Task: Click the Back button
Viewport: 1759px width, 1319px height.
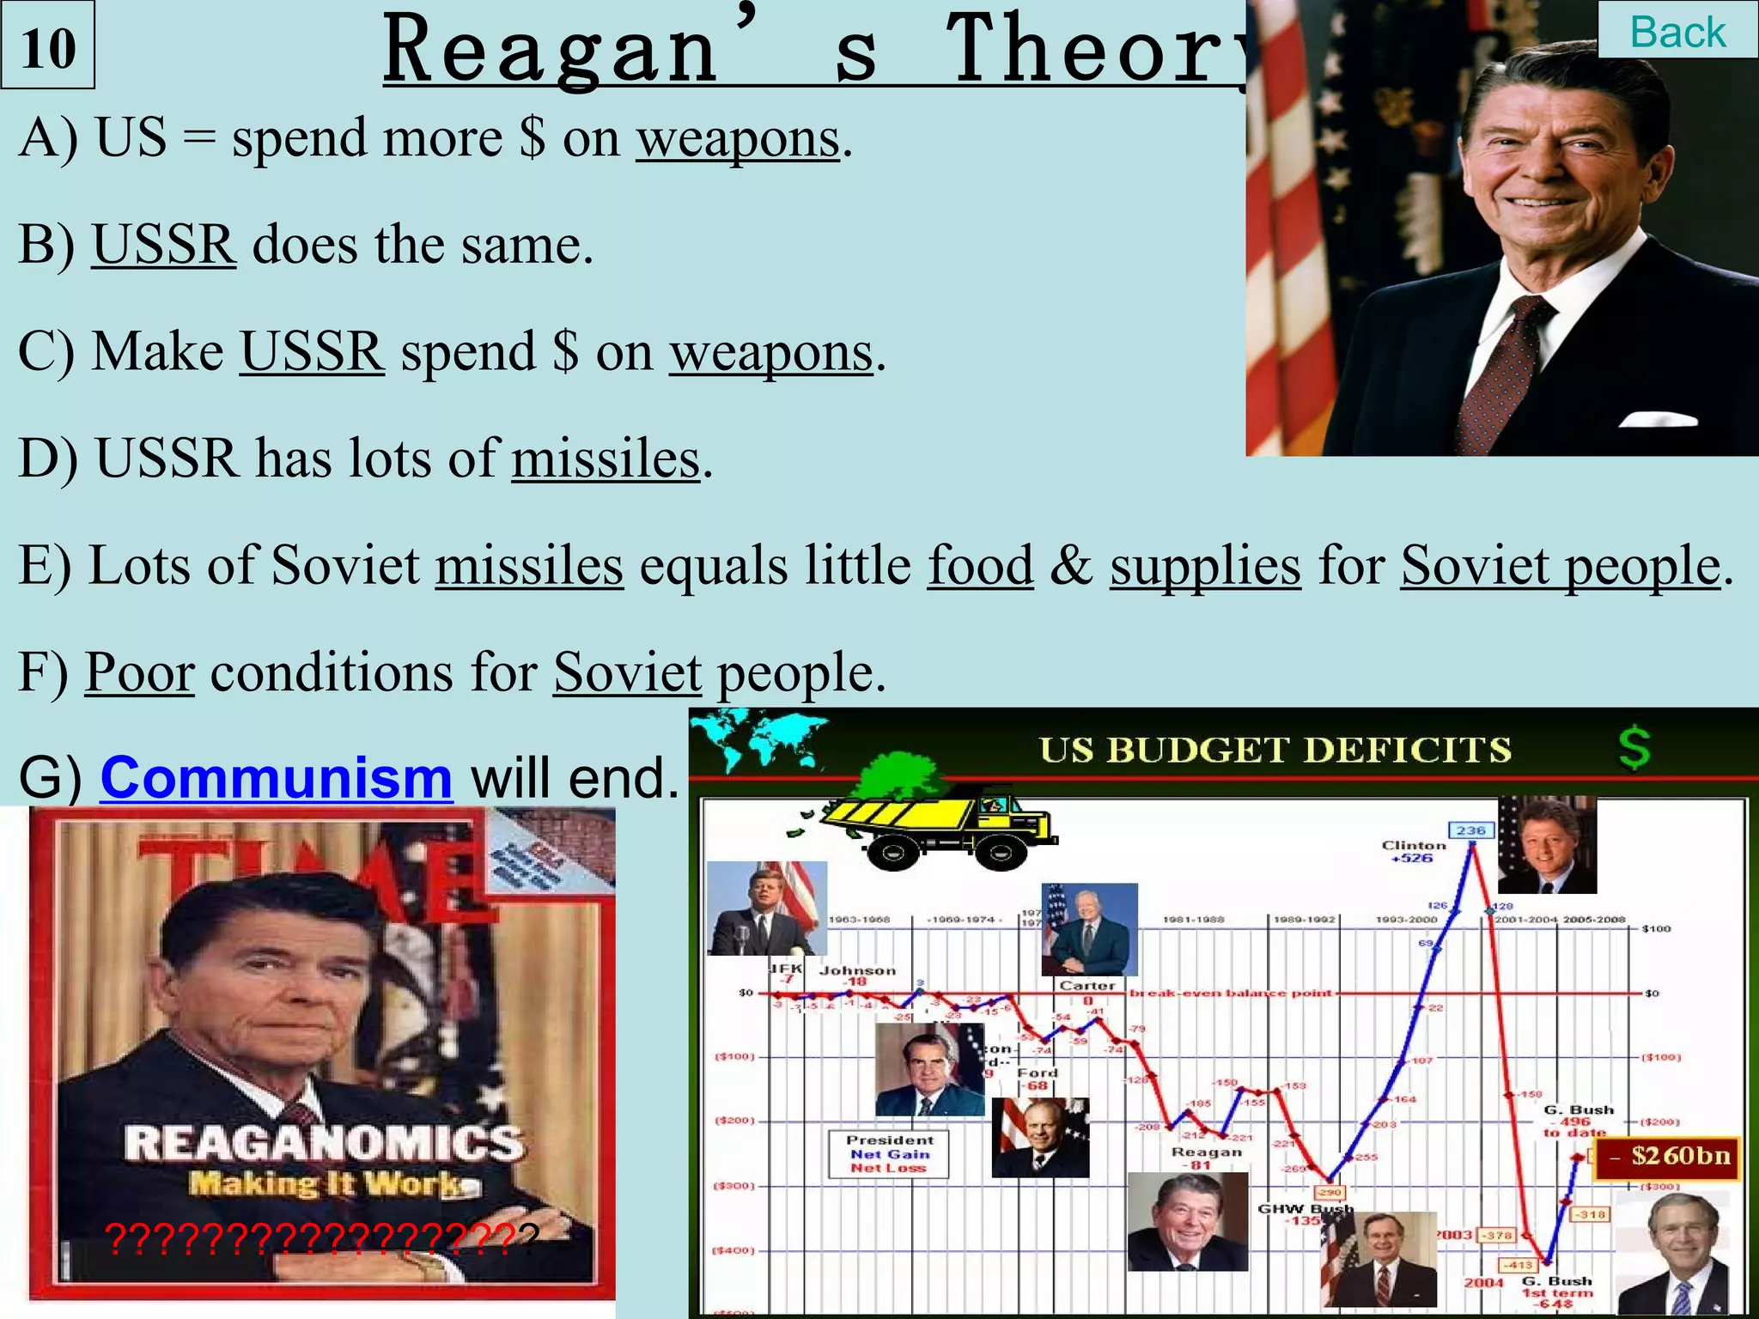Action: [1677, 32]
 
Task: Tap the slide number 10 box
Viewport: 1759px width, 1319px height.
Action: [48, 46]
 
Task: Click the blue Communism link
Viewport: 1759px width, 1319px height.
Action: [276, 777]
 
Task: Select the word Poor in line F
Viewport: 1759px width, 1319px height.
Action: [139, 672]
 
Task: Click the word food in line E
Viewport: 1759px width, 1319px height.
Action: [980, 565]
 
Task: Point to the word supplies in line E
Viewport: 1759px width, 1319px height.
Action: [1205, 565]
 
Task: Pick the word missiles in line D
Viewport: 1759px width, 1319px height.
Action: [606, 459]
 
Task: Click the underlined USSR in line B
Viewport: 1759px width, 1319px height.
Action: [163, 245]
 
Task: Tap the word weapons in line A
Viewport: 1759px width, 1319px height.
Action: [737, 138]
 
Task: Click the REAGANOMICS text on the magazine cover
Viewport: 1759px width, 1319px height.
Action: [324, 1143]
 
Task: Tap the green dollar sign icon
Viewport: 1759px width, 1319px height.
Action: [1634, 747]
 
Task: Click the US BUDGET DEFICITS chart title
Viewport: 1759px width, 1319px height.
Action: [1275, 750]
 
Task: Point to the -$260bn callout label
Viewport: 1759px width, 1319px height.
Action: [1671, 1156]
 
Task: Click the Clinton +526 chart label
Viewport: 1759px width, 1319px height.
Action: [1413, 851]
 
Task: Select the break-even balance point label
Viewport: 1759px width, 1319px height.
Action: [1230, 993]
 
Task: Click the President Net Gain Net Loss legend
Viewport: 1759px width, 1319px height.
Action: [889, 1154]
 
